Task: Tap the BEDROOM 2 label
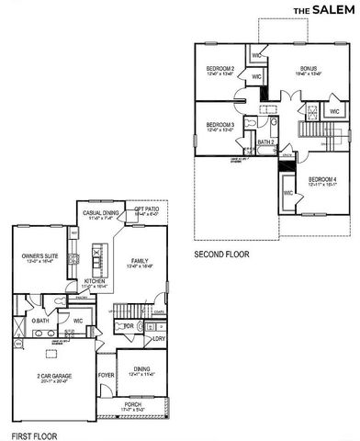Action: pos(220,69)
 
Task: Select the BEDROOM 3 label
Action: pos(220,124)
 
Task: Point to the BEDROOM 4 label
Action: pos(322,179)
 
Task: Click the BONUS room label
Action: pos(308,69)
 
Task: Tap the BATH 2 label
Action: pos(265,142)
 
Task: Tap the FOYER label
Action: pos(106,375)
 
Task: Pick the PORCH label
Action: pos(134,407)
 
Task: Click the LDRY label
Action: pos(159,338)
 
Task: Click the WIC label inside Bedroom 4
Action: pos(288,193)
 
